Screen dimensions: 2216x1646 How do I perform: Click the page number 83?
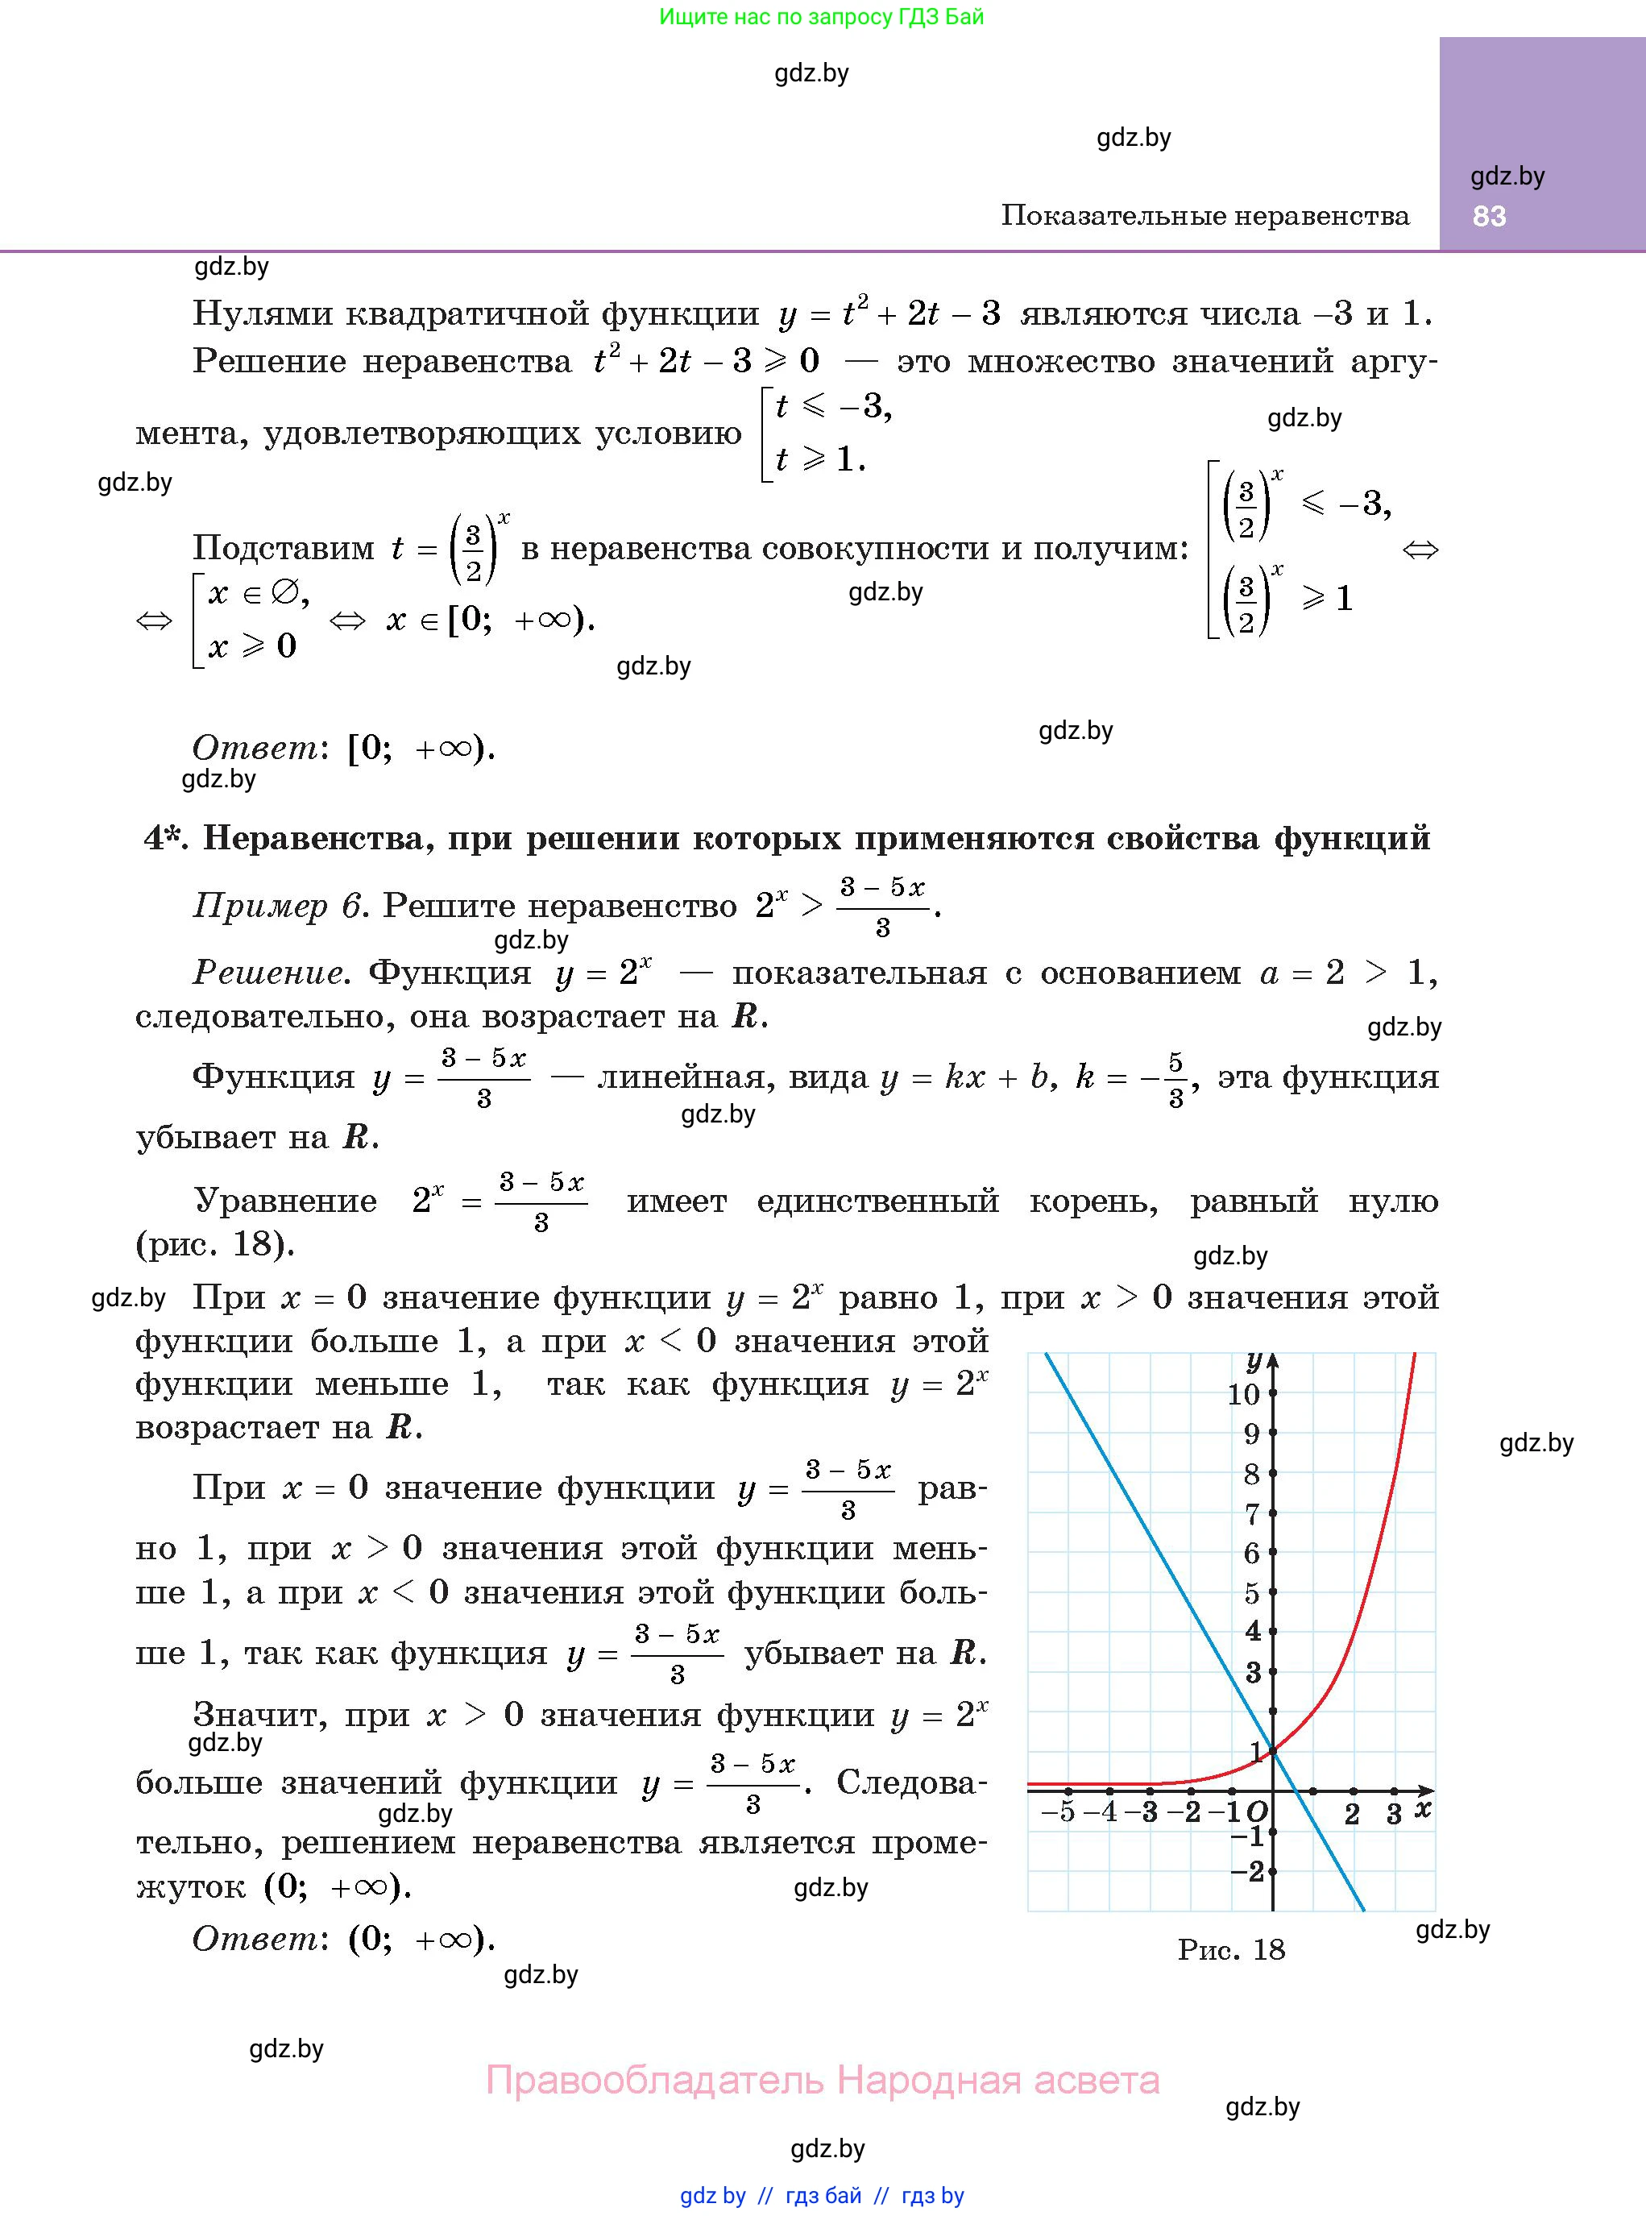tap(1489, 216)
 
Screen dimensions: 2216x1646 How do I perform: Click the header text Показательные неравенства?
tap(1204, 216)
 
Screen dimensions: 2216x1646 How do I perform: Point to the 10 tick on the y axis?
tap(1243, 1394)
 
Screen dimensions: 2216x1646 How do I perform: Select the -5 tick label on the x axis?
tap(1058, 1812)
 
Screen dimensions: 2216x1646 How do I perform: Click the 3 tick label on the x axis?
tap(1394, 1813)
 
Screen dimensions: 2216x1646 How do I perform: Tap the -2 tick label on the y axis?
tap(1247, 1871)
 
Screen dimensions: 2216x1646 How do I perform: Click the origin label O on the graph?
tap(1258, 1811)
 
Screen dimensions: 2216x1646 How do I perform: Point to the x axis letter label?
tap(1423, 1807)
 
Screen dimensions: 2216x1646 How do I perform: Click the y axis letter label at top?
tap(1254, 1361)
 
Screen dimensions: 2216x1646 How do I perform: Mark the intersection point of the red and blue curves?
tap(1272, 1751)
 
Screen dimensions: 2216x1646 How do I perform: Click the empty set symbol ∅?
tap(284, 595)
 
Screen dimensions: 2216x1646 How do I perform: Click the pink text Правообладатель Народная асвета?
tap(822, 2081)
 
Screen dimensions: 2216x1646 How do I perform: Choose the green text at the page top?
tap(821, 17)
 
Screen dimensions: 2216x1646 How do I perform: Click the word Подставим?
tap(283, 548)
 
